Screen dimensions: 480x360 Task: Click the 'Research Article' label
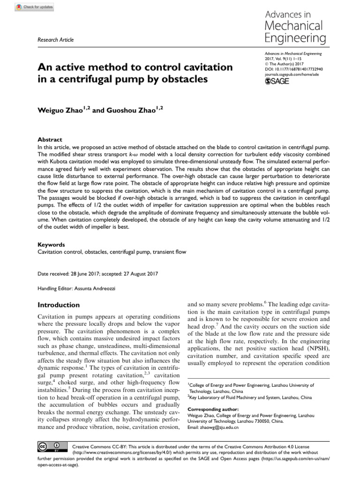point(55,40)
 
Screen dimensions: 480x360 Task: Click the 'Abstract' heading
point(49,140)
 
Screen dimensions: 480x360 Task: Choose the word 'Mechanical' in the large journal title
point(293,25)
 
